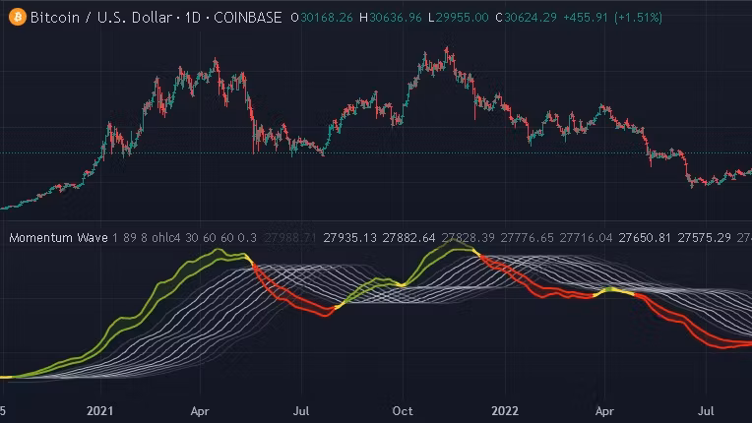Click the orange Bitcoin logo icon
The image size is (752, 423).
click(17, 17)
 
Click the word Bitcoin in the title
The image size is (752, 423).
click(54, 17)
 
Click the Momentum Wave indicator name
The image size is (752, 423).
click(57, 238)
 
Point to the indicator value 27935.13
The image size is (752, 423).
click(350, 238)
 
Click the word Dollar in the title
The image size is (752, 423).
click(142, 17)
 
